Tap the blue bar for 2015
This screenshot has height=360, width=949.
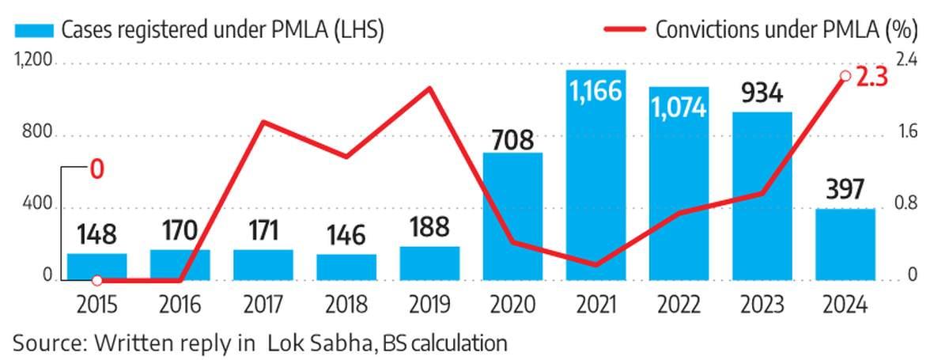[x=96, y=266]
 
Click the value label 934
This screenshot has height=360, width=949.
[x=762, y=95]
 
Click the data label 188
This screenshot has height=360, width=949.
[x=429, y=228]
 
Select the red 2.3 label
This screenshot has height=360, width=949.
[x=873, y=77]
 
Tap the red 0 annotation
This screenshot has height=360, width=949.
[x=96, y=170]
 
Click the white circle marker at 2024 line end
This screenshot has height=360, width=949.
[x=845, y=76]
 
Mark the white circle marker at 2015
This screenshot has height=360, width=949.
[x=96, y=280]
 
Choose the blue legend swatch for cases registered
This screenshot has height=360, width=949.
[x=33, y=30]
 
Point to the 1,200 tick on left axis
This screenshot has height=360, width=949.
[x=32, y=61]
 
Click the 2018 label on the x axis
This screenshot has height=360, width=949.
[x=346, y=305]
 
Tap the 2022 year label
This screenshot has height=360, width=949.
[x=679, y=305]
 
